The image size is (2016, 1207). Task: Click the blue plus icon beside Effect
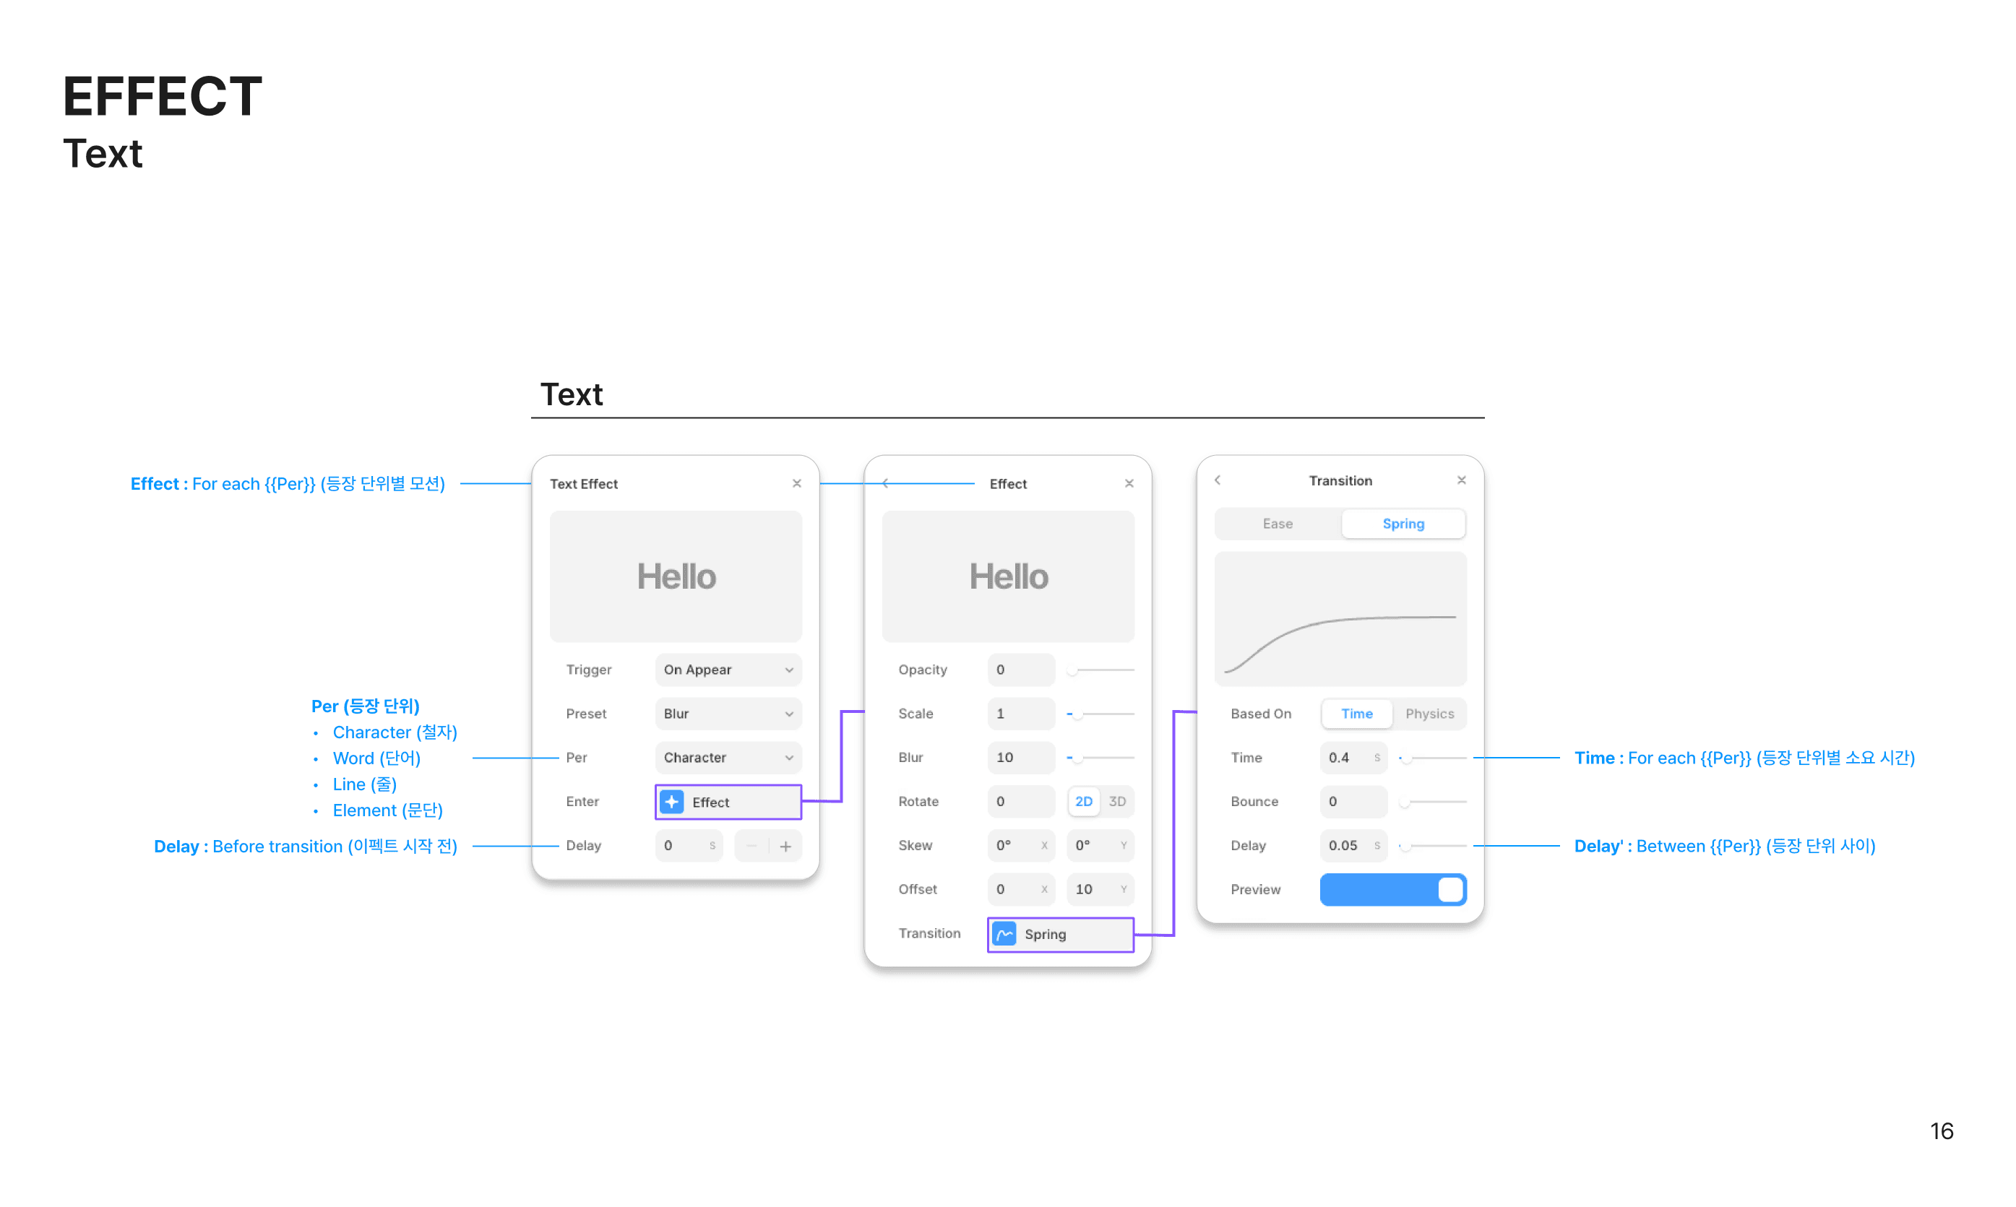[672, 802]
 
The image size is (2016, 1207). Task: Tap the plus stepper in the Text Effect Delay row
[786, 846]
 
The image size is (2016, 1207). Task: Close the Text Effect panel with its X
[796, 483]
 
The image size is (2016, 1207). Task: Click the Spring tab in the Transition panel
[1403, 524]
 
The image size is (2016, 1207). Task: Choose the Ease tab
[1278, 524]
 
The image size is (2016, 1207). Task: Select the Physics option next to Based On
[1429, 714]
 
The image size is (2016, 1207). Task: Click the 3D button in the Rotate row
[1117, 801]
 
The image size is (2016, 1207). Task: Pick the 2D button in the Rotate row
[1084, 801]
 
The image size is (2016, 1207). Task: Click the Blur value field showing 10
[1020, 757]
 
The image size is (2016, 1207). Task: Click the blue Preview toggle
[1392, 890]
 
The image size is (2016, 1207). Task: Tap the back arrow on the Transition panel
[1218, 480]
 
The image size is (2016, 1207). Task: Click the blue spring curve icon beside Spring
[1004, 934]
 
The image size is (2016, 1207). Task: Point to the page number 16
[1941, 1130]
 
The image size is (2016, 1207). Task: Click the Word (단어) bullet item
[376, 758]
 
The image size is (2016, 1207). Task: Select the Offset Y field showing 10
[1099, 889]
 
